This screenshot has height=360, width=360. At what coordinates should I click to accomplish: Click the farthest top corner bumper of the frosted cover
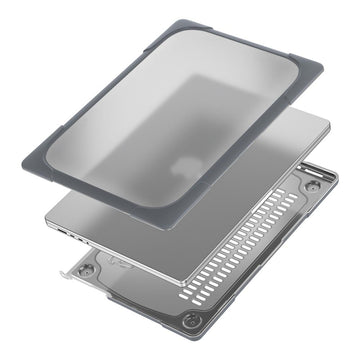pos(112,23)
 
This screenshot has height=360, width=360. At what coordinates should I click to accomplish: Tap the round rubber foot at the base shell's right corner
pos(313,186)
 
